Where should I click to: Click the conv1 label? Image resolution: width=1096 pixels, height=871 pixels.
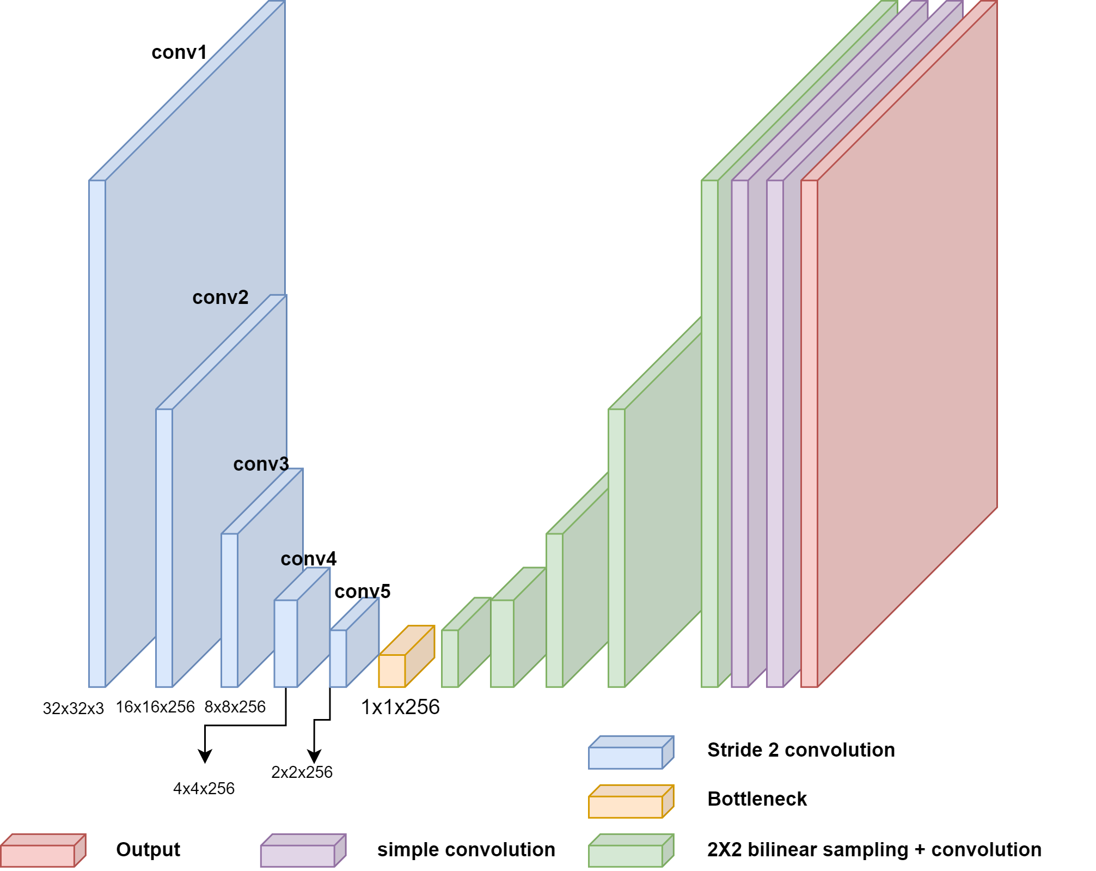click(x=179, y=52)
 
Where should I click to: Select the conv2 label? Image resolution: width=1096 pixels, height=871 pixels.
click(x=220, y=297)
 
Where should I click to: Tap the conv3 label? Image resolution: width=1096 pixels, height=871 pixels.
click(x=261, y=464)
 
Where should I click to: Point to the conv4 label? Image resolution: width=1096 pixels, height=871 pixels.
click(x=308, y=559)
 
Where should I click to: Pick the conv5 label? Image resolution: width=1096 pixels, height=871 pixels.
click(x=362, y=592)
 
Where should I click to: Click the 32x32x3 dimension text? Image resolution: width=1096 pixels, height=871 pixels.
click(x=73, y=709)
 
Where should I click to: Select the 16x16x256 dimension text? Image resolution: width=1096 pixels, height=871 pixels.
click(x=155, y=707)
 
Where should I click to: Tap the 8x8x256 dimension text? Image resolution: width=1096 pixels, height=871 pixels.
click(x=235, y=707)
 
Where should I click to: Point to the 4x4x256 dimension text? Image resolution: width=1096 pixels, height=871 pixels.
click(x=204, y=789)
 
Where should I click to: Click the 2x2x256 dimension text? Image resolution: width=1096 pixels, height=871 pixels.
click(x=302, y=772)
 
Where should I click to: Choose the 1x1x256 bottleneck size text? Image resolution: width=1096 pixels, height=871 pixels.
click(x=400, y=707)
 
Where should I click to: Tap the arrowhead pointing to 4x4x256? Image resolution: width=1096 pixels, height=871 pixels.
click(x=205, y=757)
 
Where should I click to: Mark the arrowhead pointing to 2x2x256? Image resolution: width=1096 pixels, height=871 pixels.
click(x=314, y=757)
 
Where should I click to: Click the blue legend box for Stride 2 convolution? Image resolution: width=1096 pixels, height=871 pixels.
click(x=630, y=753)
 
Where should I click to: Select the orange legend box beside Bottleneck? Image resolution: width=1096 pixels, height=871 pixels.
click(x=630, y=802)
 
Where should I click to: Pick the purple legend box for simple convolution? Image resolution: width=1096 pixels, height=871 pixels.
click(x=303, y=850)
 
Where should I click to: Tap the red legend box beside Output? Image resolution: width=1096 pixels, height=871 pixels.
click(x=42, y=850)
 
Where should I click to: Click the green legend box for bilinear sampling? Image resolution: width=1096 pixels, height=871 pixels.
click(x=630, y=850)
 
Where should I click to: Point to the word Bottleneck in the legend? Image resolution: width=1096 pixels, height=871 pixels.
click(x=757, y=799)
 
